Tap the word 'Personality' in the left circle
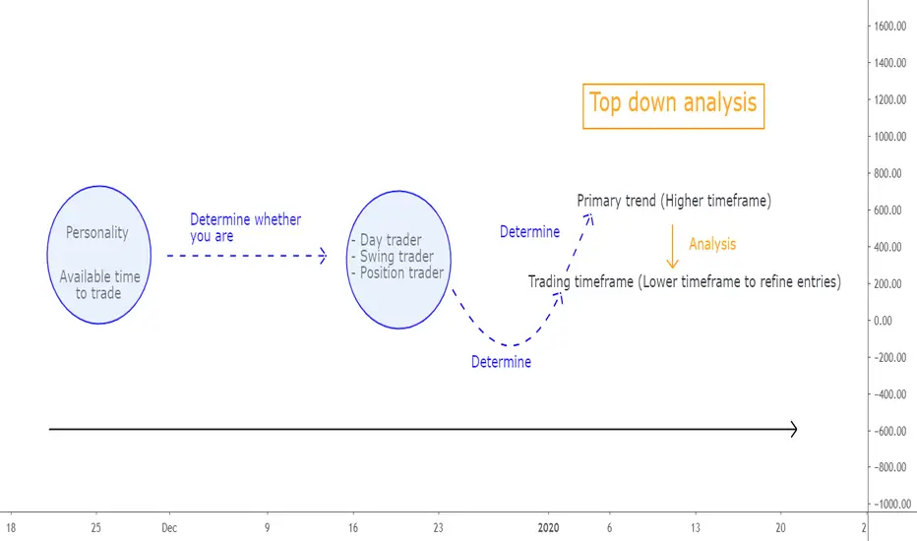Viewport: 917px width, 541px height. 97,233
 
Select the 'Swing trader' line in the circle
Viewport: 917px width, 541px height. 393,256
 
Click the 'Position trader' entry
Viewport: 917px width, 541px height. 397,272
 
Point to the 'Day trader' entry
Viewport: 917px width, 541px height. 387,240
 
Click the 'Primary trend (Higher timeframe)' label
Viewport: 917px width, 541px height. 674,201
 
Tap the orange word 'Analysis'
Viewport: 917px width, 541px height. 712,244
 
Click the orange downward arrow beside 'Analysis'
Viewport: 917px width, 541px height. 673,246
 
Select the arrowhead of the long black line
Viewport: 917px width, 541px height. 794,429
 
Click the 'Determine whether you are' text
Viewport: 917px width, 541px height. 246,227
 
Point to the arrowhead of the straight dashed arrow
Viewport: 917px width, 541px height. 323,256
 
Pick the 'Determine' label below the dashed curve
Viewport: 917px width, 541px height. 501,362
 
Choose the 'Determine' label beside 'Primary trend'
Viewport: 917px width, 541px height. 530,232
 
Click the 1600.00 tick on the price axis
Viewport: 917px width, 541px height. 890,26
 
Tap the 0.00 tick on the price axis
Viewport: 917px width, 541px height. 883,321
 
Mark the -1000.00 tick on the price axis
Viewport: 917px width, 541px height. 892,505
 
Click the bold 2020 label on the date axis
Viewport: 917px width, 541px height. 548,528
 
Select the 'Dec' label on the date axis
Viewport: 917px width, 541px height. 169,528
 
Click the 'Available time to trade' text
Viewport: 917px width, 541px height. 99,285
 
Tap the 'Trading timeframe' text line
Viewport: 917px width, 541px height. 684,282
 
